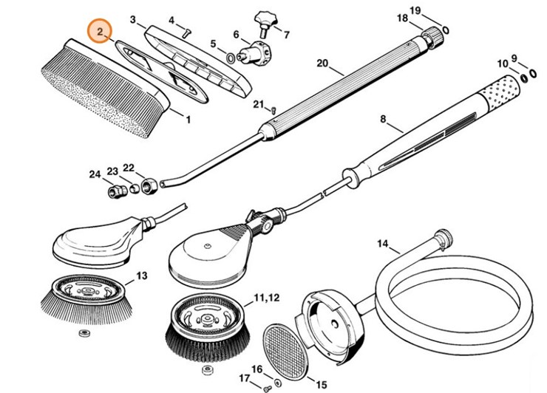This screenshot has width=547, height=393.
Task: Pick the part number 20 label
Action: [x=322, y=64]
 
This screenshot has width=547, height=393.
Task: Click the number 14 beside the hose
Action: [x=383, y=243]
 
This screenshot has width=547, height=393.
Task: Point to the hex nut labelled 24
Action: [x=115, y=191]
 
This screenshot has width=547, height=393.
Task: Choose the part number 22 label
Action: [x=129, y=168]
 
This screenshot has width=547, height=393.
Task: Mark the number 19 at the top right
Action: [x=436, y=10]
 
